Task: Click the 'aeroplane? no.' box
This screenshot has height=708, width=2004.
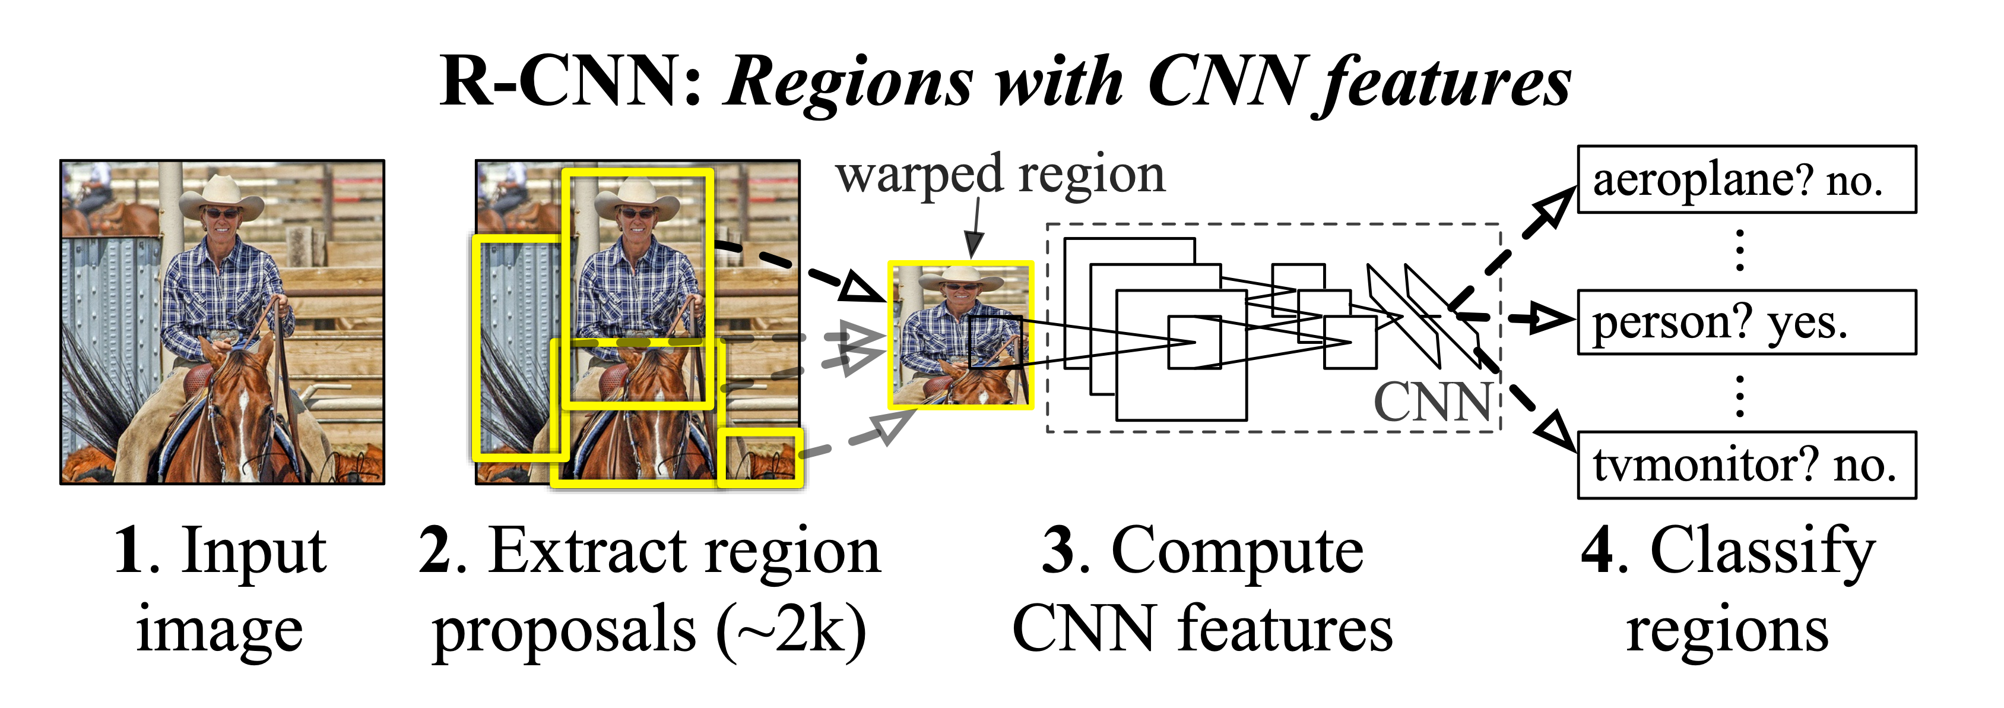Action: point(1746,179)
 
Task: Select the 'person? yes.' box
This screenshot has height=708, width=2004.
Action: point(1746,322)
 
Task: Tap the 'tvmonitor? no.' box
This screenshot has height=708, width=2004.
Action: point(1746,464)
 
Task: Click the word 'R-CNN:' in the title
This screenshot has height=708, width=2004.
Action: point(571,82)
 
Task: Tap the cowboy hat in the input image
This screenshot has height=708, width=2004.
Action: point(222,195)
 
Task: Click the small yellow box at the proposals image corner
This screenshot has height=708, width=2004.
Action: point(760,457)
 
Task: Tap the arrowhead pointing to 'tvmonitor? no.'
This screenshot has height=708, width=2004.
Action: point(1556,432)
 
